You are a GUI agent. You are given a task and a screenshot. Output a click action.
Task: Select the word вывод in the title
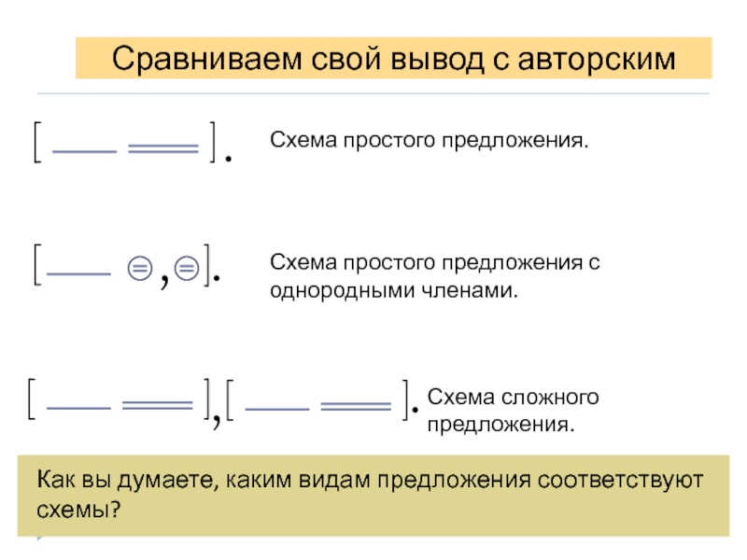tap(413, 60)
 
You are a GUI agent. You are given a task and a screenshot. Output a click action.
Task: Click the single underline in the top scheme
tap(85, 149)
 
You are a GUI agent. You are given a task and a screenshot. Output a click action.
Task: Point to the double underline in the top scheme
tap(163, 148)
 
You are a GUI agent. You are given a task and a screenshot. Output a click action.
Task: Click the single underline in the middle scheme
tap(78, 273)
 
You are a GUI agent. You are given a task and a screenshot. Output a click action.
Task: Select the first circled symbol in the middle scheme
tap(137, 270)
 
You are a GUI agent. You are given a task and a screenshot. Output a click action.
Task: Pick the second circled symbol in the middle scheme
tap(186, 270)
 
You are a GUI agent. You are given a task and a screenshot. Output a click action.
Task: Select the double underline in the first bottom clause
tap(157, 406)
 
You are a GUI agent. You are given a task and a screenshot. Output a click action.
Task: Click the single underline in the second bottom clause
tap(281, 406)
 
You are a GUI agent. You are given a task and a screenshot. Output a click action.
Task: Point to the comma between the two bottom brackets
tap(216, 418)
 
